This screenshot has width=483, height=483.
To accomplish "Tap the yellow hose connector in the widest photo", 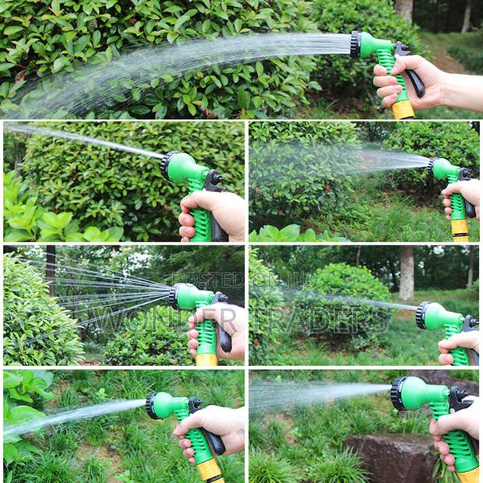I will pyautogui.click(x=404, y=109).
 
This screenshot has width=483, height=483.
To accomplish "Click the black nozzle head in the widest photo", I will pyautogui.click(x=356, y=44).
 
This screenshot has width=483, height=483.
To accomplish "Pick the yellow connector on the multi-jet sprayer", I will pyautogui.click(x=206, y=359).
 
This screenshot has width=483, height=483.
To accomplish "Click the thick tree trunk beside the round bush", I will pyautogui.click(x=407, y=273).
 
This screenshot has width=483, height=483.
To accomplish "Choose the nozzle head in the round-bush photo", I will pyautogui.click(x=423, y=315).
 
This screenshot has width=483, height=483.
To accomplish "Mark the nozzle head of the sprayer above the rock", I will pyautogui.click(x=398, y=393).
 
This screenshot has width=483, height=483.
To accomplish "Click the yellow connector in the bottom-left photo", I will pyautogui.click(x=210, y=469).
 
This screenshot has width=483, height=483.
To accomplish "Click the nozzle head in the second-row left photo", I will pyautogui.click(x=167, y=164).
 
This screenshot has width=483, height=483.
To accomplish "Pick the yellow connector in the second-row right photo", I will pyautogui.click(x=460, y=227).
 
